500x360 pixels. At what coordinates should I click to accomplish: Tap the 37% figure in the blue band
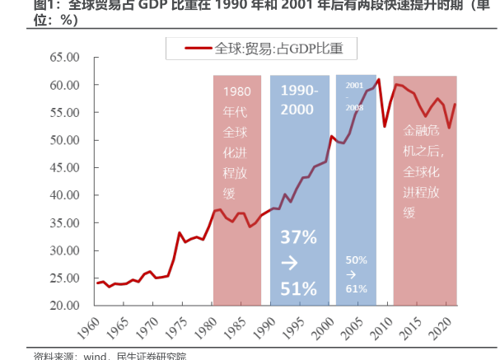click(298, 237)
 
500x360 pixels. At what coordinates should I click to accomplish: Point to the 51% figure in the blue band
click(298, 288)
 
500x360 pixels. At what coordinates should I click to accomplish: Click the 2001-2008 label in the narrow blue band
click(355, 96)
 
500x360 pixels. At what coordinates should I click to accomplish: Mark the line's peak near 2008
click(378, 79)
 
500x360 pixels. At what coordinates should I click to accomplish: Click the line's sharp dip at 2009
click(385, 126)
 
